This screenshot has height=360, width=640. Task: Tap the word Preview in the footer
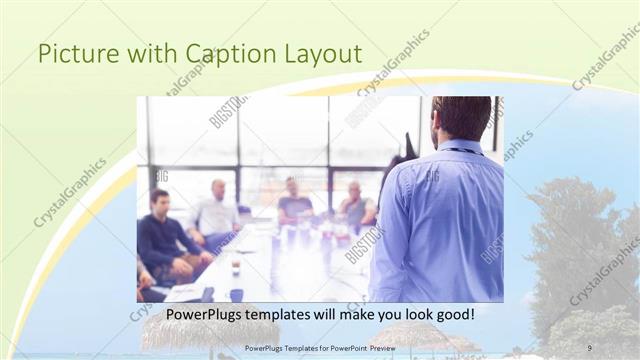point(379,348)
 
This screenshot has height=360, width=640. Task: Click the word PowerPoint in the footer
point(340,348)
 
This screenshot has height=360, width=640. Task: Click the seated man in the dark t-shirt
point(294,204)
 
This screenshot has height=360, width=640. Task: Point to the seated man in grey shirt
point(355,205)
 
